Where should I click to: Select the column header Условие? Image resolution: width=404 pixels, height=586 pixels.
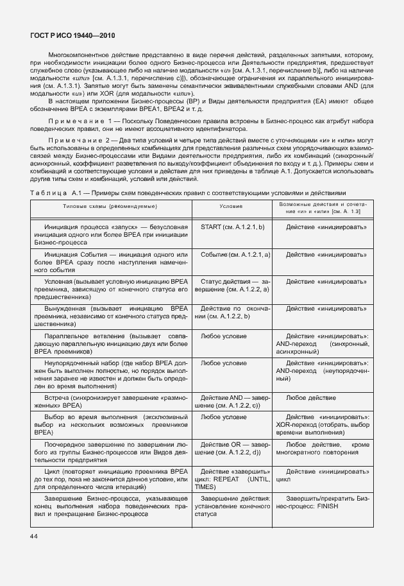[231, 207]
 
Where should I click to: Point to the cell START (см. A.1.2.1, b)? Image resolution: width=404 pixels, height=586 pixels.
[232, 227]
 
